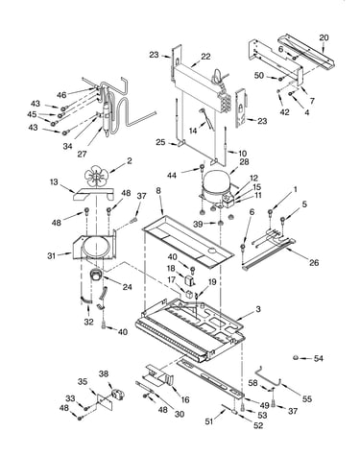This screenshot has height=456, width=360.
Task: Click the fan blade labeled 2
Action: (x=97, y=177)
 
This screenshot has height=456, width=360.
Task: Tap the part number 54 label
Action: (x=318, y=358)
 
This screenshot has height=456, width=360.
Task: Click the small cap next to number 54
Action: (x=296, y=357)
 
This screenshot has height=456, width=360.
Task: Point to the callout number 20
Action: (x=324, y=37)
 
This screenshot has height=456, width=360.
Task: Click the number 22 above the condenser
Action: (x=205, y=57)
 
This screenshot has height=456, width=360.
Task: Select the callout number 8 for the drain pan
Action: (x=158, y=190)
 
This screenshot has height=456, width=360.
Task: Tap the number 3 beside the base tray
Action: (x=258, y=309)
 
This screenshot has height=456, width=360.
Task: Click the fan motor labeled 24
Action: (x=95, y=276)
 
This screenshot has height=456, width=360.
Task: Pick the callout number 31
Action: (x=51, y=255)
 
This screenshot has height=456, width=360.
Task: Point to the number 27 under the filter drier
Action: (x=82, y=154)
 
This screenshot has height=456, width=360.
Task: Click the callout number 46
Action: (x=61, y=95)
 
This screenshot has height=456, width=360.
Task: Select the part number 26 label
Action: (x=314, y=262)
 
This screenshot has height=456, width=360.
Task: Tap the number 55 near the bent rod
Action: (x=307, y=398)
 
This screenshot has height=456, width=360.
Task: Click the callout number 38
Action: (x=104, y=373)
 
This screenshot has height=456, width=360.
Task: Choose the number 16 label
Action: (x=185, y=399)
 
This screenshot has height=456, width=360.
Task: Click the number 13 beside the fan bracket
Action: (x=54, y=182)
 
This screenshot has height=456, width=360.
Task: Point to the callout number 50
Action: (x=259, y=76)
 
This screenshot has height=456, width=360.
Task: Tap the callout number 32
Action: (x=88, y=322)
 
